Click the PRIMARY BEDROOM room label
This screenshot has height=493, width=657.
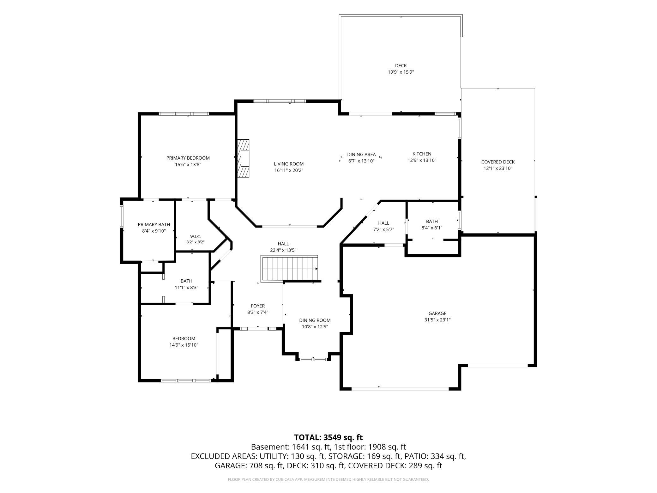[188, 158]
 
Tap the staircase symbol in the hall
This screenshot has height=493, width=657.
[289, 268]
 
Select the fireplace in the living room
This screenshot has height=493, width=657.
[243, 158]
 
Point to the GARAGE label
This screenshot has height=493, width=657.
[437, 313]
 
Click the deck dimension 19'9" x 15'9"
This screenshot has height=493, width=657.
[401, 72]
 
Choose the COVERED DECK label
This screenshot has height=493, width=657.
[498, 162]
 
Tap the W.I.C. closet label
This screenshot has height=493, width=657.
[195, 236]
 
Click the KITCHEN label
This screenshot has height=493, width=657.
[422, 154]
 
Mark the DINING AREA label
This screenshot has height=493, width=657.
[361, 155]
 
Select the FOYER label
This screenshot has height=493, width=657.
[258, 306]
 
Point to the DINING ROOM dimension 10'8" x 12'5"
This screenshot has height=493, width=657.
[315, 327]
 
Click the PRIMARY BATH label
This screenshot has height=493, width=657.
[154, 224]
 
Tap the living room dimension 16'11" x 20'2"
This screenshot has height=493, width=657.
[289, 170]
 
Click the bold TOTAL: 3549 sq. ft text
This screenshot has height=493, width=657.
[328, 437]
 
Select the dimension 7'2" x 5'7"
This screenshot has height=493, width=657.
[383, 229]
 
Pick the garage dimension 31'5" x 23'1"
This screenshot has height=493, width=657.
[437, 320]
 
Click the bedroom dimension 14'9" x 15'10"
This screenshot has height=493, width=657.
[184, 345]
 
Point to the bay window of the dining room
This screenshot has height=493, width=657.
[313, 359]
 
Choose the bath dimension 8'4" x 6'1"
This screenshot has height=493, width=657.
[432, 228]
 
